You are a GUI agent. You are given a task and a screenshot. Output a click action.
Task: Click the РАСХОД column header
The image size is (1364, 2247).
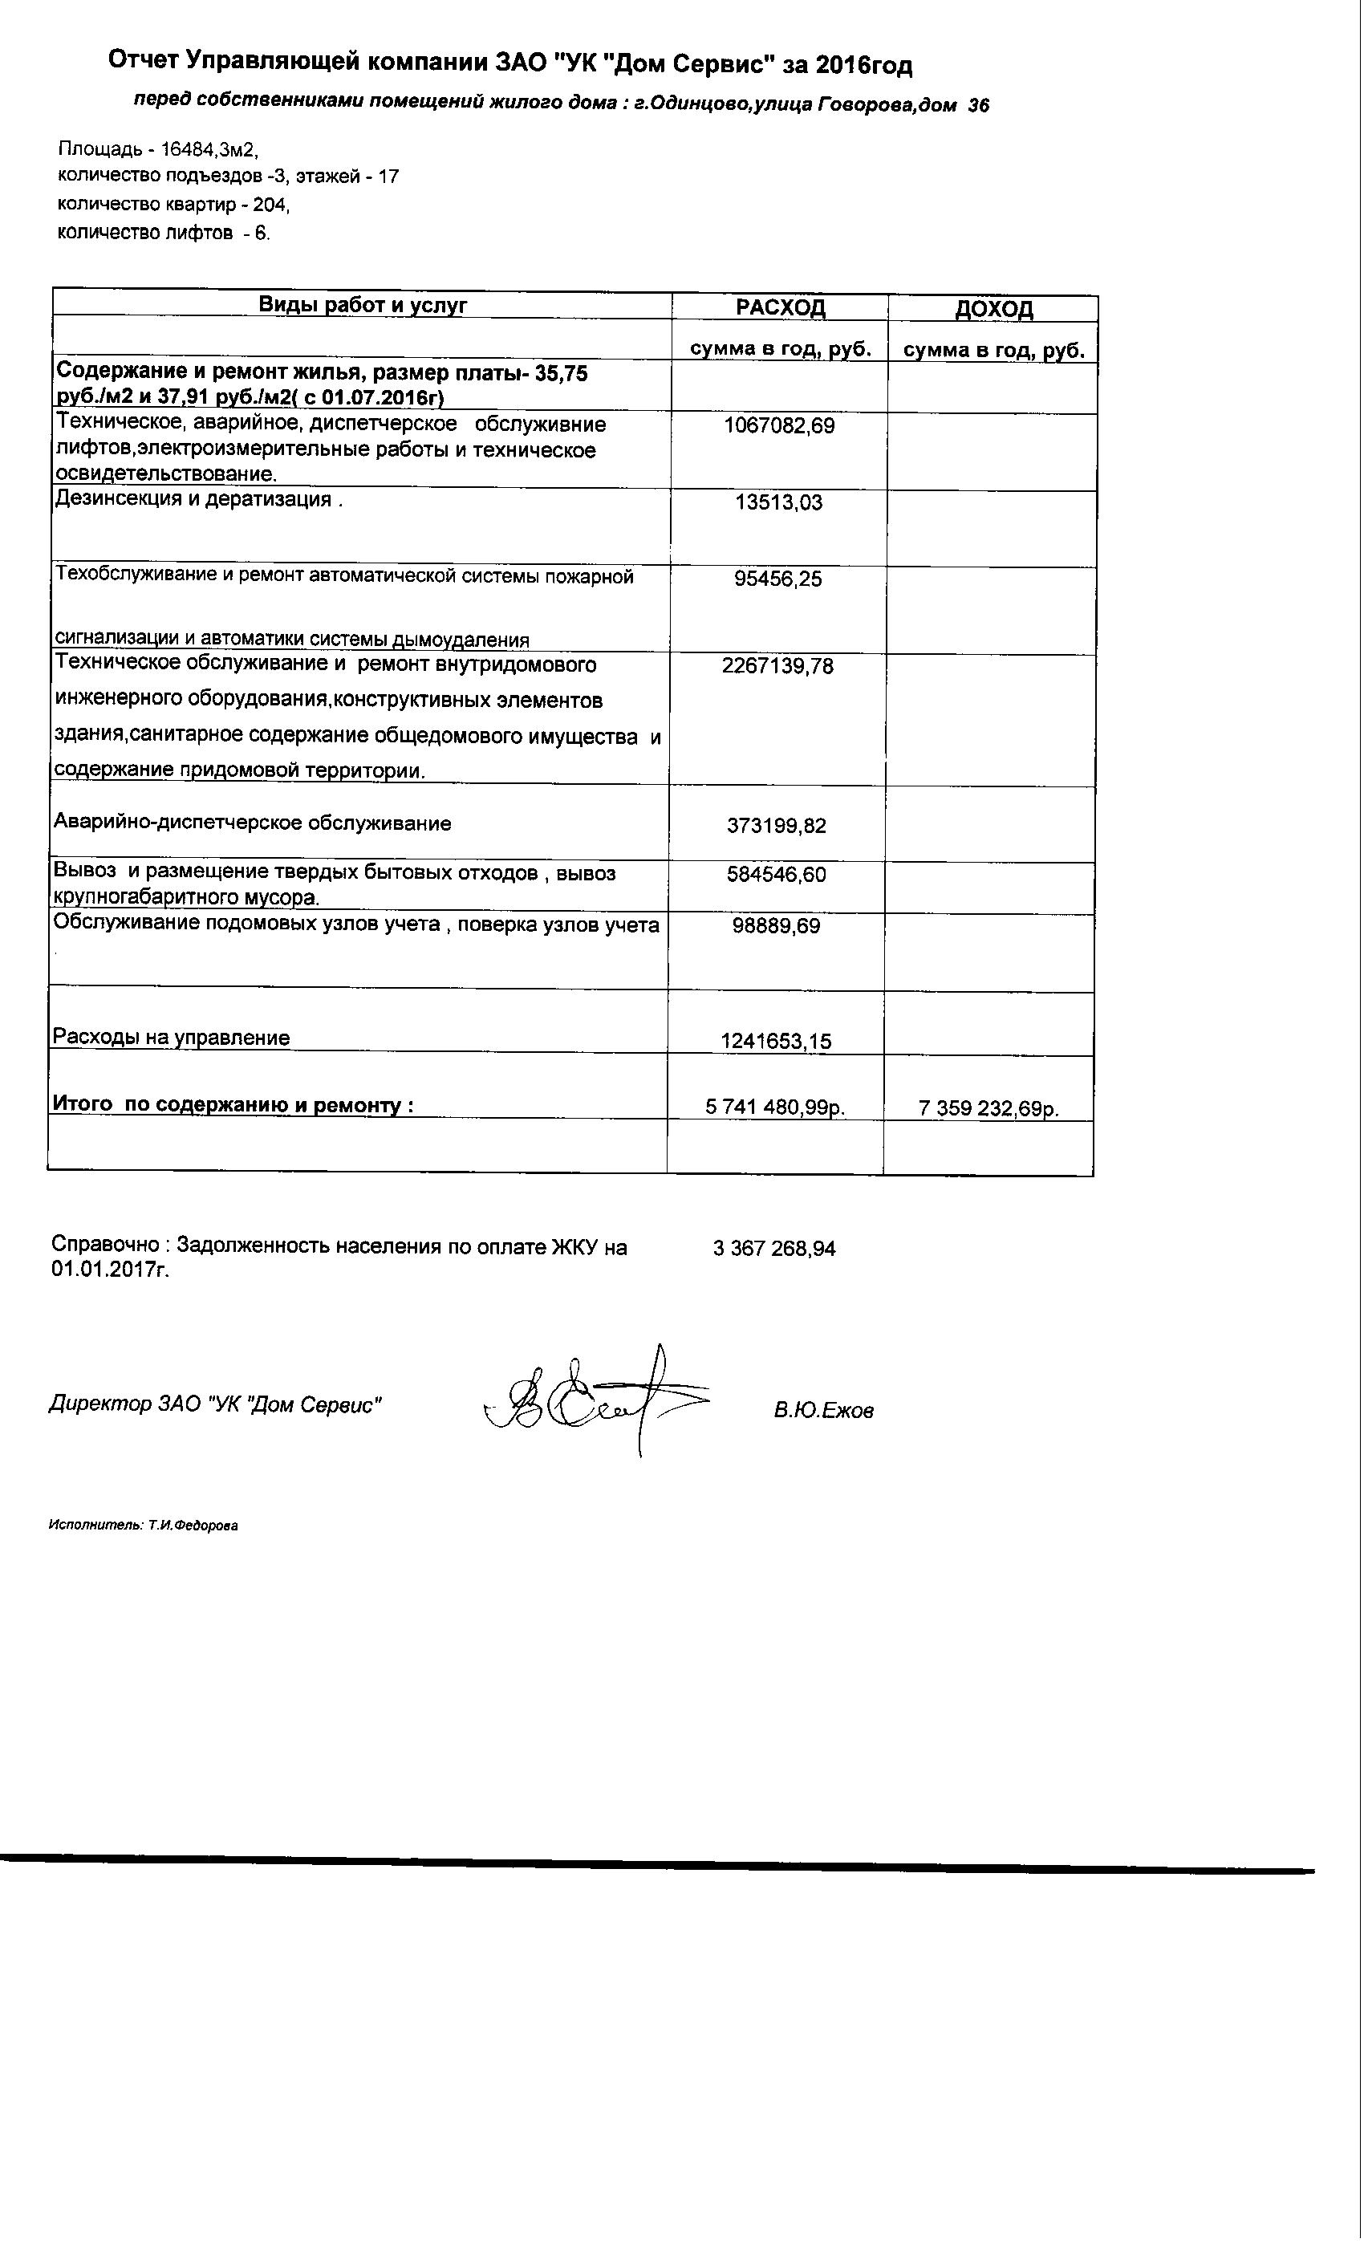coord(781,307)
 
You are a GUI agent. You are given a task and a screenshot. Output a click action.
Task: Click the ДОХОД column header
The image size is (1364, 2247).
coord(994,309)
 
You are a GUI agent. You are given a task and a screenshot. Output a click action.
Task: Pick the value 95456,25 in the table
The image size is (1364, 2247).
coord(777,579)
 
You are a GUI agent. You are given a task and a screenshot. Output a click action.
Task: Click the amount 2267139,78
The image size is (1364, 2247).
coord(777,667)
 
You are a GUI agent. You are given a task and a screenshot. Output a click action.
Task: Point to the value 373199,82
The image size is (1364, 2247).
coord(777,827)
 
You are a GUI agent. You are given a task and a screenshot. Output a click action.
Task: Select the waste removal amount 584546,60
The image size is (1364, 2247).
coord(777,875)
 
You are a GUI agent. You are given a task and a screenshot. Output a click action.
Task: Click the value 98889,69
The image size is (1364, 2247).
coord(776,927)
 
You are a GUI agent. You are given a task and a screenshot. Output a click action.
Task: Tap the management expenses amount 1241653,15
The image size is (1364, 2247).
coord(776,1042)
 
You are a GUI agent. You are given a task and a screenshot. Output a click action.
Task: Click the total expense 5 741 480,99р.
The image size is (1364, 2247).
coord(776,1108)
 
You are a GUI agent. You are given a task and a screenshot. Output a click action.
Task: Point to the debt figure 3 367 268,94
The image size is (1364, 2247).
coord(774,1249)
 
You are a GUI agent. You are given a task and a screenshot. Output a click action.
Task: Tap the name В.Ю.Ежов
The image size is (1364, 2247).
coord(823,1411)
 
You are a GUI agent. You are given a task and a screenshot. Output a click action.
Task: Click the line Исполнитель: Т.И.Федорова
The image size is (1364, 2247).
coord(143,1526)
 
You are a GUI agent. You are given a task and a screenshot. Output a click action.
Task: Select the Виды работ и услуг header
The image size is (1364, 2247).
coord(363,305)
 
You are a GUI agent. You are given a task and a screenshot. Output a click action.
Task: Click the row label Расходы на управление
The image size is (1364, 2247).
coord(172,1038)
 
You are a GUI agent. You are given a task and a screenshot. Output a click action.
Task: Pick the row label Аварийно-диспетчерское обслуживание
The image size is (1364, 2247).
coord(253,823)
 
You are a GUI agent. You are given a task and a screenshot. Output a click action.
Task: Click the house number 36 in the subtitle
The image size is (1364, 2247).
coord(978,106)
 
